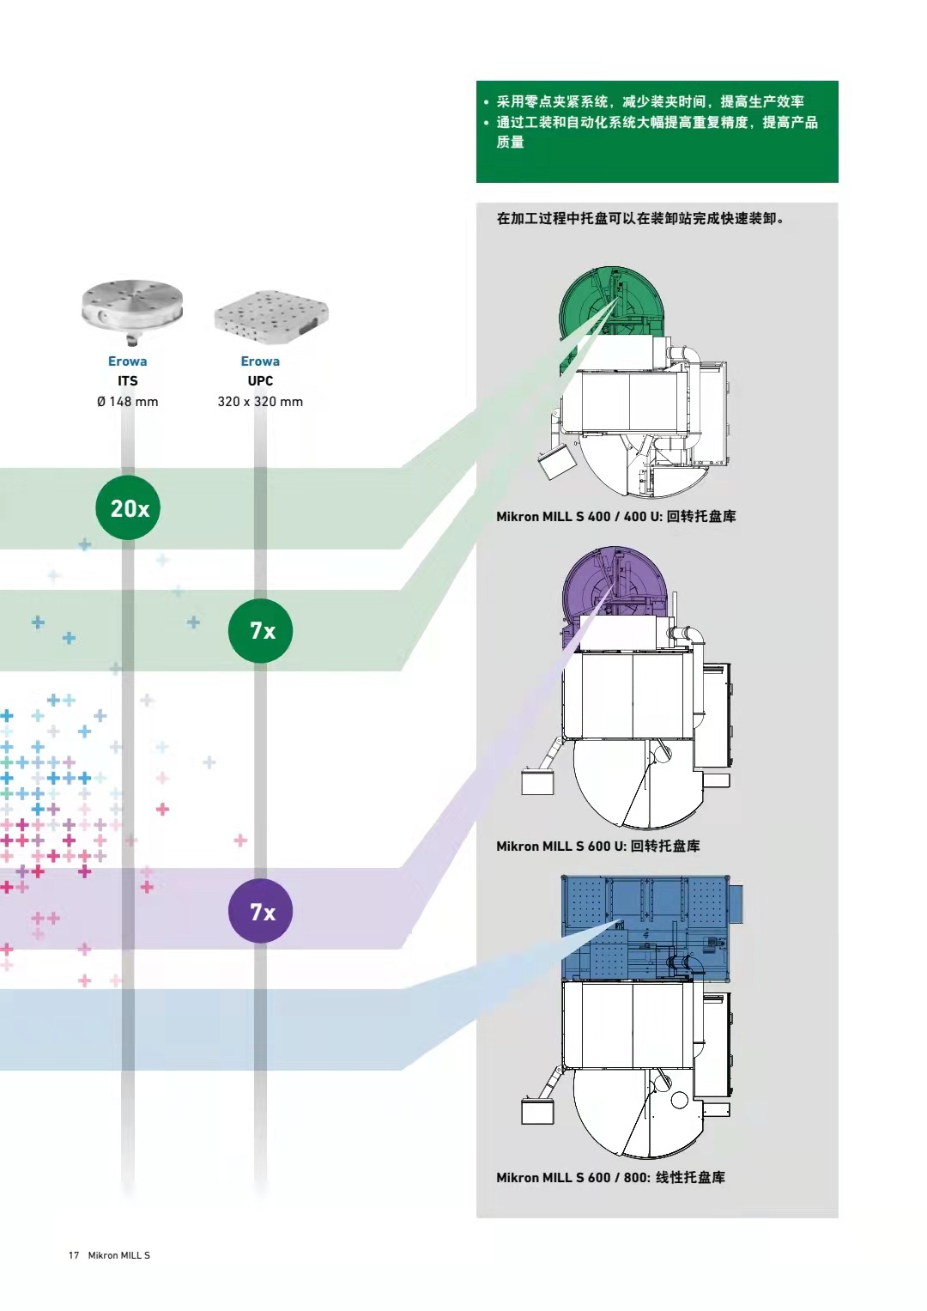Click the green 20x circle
coord(129,507)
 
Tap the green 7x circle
coord(260,630)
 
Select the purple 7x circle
coord(260,911)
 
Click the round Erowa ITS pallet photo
coord(131,309)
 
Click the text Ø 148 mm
coord(127,401)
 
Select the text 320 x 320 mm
coord(260,401)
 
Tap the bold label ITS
coord(127,380)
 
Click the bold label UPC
coord(260,380)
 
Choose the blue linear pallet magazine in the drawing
coord(644,927)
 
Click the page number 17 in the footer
coord(74,1255)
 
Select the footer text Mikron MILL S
coord(118,1255)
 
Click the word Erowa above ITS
coord(127,361)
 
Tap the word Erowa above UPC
coord(260,361)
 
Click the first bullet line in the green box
coord(650,101)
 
